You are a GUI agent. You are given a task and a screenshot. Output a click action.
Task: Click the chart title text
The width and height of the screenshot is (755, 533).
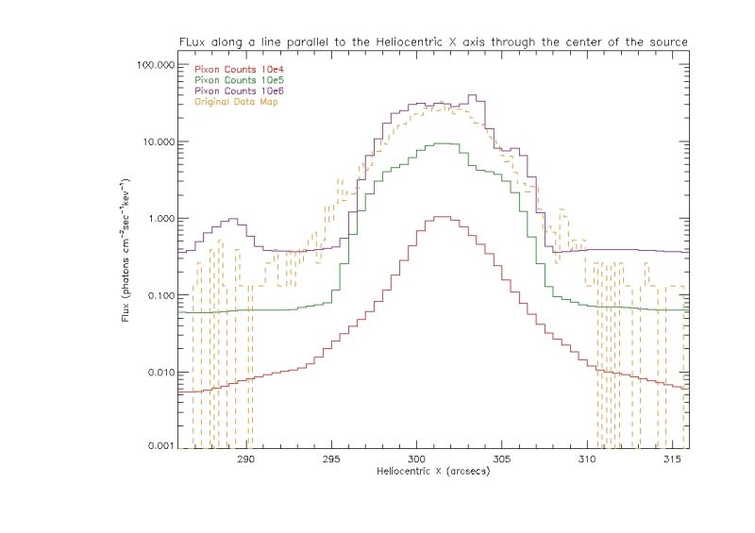click(x=433, y=41)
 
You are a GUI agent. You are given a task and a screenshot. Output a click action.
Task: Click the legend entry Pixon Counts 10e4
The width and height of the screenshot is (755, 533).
click(x=231, y=69)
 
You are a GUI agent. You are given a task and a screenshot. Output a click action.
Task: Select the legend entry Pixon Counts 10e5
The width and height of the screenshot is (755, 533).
click(x=231, y=80)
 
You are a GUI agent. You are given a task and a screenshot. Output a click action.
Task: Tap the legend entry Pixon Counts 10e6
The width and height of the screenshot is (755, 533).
click(x=231, y=91)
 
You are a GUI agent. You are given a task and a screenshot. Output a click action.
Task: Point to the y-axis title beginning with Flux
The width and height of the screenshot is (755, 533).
click(x=126, y=249)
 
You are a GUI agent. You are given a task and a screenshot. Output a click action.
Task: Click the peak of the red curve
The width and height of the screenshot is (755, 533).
click(x=441, y=217)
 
